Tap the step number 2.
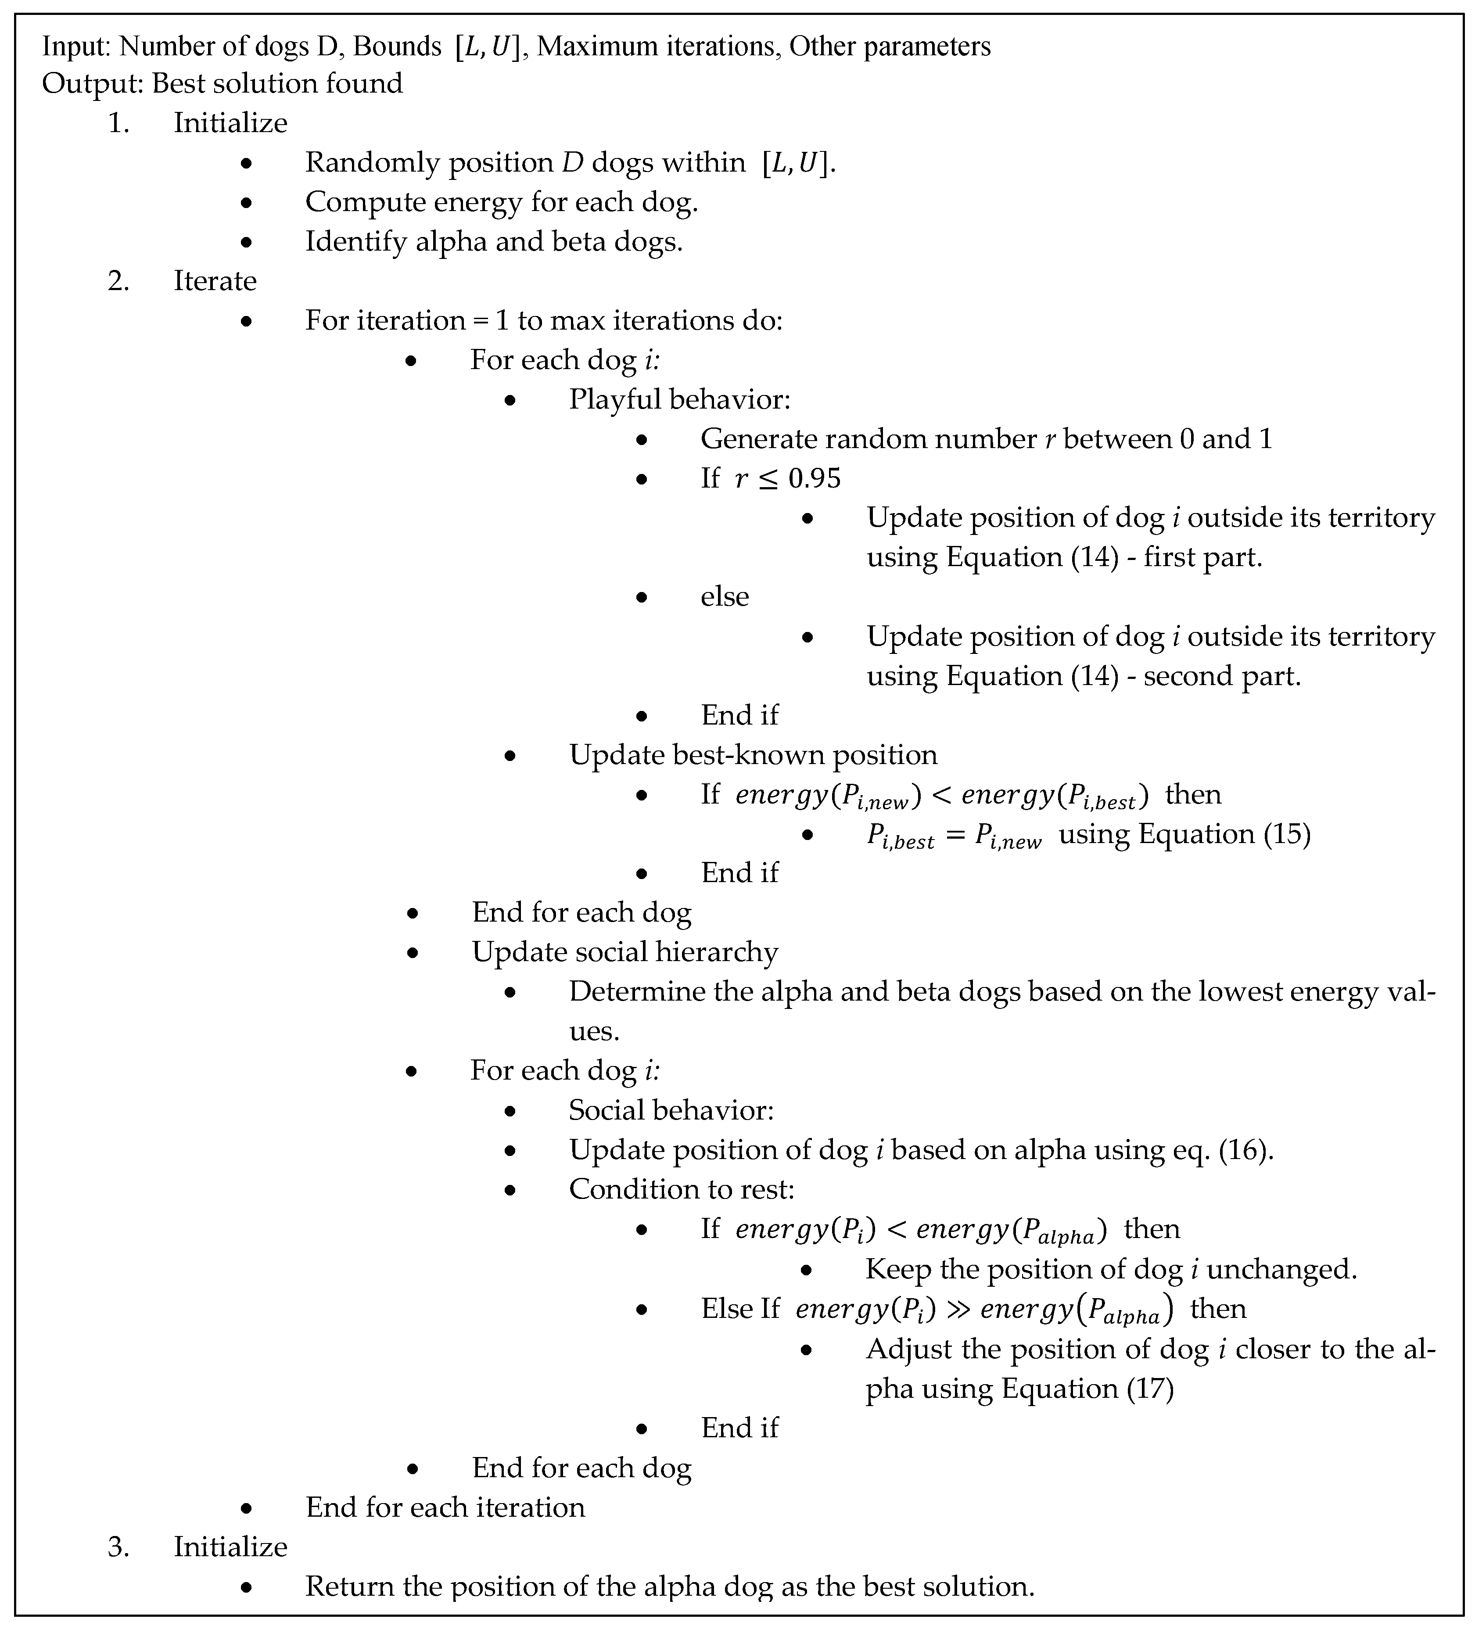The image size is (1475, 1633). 118,281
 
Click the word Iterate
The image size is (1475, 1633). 215,281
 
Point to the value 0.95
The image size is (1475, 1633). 814,479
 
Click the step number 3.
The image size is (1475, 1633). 118,1547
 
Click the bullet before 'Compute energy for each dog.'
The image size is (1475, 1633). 246,203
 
